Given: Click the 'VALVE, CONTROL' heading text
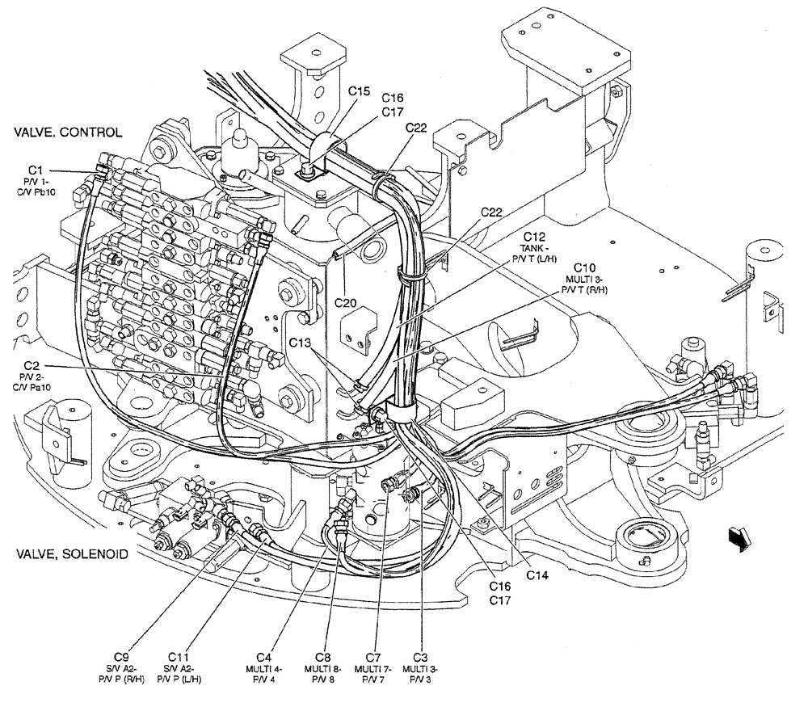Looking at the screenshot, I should pos(67,133).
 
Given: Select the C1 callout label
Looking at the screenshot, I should pos(35,169).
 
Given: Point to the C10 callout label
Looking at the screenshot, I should pos(585,267).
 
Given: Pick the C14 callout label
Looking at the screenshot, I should pos(537,575).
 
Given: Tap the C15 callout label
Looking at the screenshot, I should pos(360,91).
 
